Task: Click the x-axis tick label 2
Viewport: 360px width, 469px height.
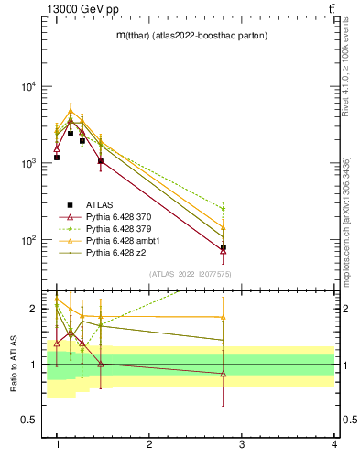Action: [149, 444]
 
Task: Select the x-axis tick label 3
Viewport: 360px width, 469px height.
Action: [242, 444]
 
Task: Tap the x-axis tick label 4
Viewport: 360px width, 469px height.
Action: [333, 444]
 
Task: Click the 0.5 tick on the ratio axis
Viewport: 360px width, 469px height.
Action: [30, 420]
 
